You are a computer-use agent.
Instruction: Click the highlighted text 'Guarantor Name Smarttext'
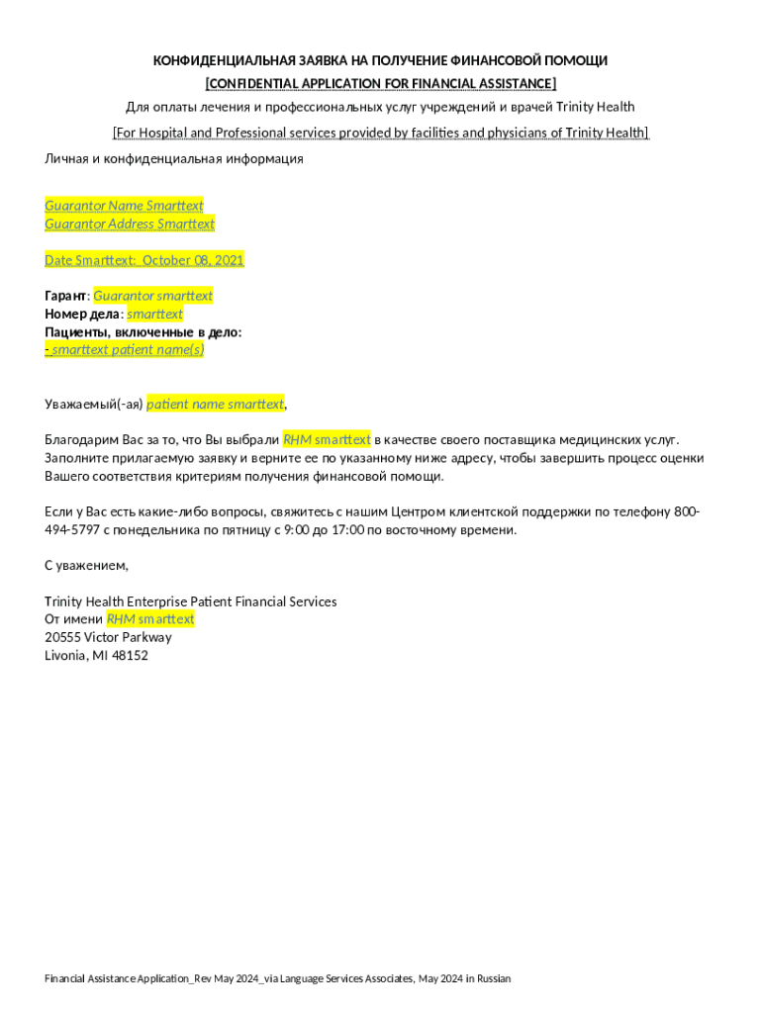[124, 206]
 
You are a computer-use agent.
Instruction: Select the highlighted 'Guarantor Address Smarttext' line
[130, 224]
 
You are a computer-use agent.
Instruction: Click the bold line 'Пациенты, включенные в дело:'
[143, 331]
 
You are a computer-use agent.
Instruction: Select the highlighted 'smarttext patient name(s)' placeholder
[128, 349]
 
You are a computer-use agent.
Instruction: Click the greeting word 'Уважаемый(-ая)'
[94, 404]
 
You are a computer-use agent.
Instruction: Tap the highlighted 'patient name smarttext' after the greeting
[215, 404]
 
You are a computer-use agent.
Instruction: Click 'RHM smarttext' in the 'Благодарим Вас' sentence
[327, 439]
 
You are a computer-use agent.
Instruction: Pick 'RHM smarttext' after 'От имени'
[150, 619]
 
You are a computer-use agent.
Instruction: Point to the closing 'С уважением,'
[87, 566]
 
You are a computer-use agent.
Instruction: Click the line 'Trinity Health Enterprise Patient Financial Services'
[191, 601]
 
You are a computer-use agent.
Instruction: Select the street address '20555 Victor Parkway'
[108, 637]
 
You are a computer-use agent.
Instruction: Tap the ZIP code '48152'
[130, 655]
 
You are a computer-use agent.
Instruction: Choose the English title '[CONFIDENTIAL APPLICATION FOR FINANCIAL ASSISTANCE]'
[380, 83]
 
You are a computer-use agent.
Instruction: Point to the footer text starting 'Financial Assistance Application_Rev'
[277, 978]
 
